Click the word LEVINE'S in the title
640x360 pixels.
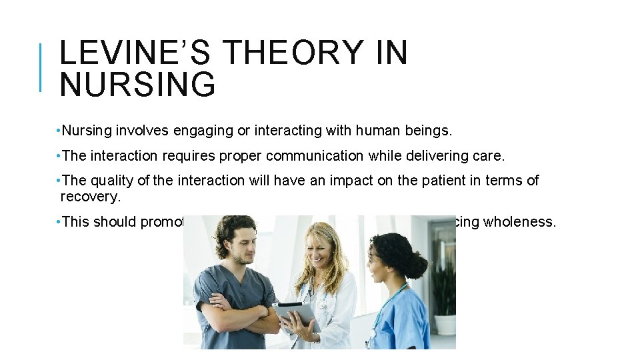pyautogui.click(x=136, y=53)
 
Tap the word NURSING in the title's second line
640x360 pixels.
pyautogui.click(x=137, y=85)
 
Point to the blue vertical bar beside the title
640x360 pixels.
pyautogui.click(x=41, y=67)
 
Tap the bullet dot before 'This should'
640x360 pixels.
pyautogui.click(x=59, y=222)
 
